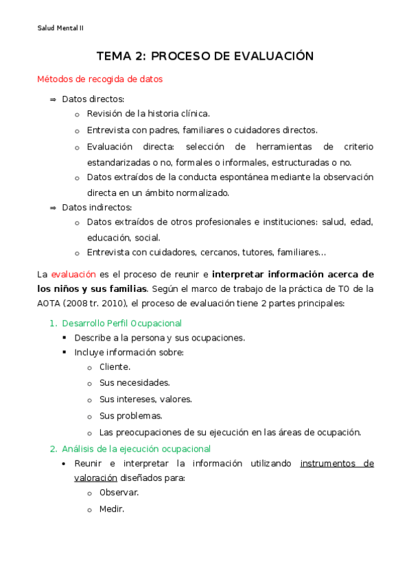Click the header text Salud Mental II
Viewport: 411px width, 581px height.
tap(60, 28)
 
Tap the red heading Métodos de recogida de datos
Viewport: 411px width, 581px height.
tap(99, 79)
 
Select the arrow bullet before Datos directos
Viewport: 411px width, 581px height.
tap(53, 99)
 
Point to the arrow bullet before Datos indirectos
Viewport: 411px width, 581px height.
tap(53, 207)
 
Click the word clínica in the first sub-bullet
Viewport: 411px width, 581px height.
tap(193, 114)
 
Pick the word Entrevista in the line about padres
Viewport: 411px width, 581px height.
tap(108, 130)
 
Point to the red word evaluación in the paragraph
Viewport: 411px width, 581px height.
tap(73, 274)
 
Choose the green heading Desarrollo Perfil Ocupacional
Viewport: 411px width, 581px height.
tap(121, 323)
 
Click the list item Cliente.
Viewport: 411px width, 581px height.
tap(115, 367)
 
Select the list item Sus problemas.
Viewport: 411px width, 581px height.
tap(130, 416)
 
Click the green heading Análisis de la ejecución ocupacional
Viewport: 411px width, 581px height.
tap(136, 449)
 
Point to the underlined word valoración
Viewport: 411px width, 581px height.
tap(95, 478)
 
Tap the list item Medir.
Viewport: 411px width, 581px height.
tap(111, 509)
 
